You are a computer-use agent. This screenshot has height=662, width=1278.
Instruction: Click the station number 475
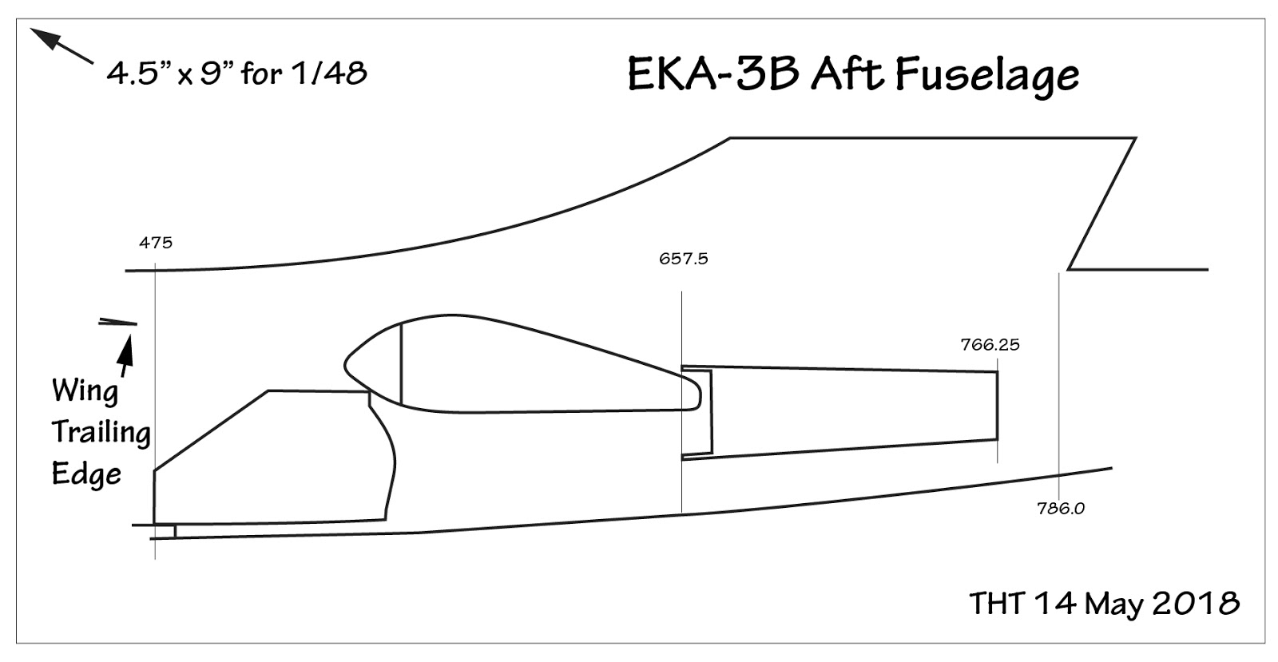(x=155, y=243)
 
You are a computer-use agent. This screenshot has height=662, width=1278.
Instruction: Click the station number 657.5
(x=683, y=259)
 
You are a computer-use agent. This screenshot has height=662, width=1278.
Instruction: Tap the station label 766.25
(x=990, y=345)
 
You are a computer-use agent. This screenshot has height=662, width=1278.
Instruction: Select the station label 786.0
(x=1061, y=508)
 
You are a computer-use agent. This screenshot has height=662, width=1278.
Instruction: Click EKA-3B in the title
(x=714, y=75)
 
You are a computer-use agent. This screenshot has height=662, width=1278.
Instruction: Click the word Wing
(x=85, y=391)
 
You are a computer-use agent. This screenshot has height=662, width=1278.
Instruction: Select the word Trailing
(x=101, y=433)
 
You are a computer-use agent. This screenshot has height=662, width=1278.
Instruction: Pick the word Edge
(x=86, y=474)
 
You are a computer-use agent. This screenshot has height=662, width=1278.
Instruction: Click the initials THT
(x=996, y=604)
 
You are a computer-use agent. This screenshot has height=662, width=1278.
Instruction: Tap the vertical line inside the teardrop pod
(x=400, y=363)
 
